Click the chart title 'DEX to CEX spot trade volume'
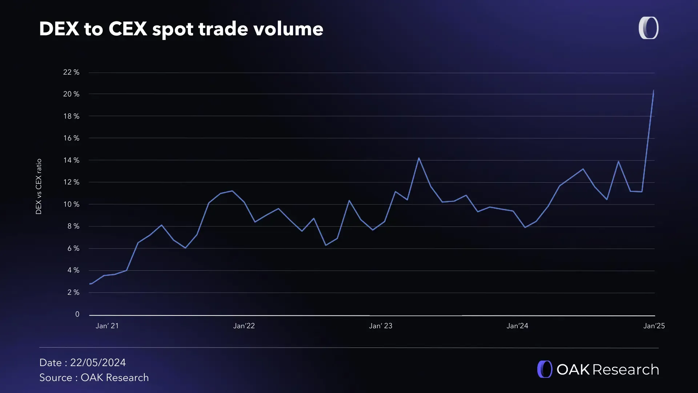(181, 29)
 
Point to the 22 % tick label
(71, 72)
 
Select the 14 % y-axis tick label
(71, 160)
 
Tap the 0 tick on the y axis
(77, 314)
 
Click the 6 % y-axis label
(73, 248)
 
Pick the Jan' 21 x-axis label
(107, 326)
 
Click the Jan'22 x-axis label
(244, 326)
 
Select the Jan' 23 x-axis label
(381, 326)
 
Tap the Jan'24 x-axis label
(517, 326)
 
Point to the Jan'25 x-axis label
(654, 326)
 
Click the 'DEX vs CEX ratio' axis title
(39, 186)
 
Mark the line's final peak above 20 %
(653, 91)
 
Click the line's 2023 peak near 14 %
(419, 158)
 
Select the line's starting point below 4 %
(90, 284)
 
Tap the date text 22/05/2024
(98, 362)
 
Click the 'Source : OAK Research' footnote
(94, 377)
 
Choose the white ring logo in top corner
(649, 28)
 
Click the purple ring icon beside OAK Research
(545, 369)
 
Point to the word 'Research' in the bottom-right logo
(625, 369)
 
